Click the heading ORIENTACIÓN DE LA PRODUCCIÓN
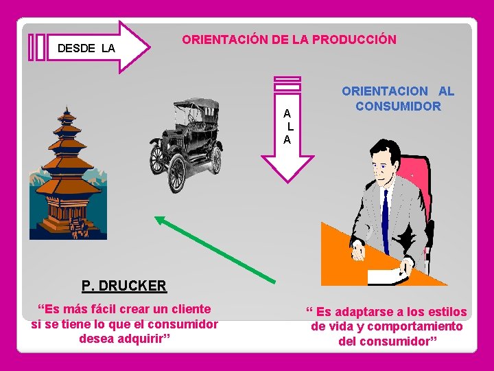pyautogui.click(x=289, y=40)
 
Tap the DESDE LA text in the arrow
pyautogui.click(x=86, y=49)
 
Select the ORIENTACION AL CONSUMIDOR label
pyautogui.click(x=398, y=98)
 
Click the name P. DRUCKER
pyautogui.click(x=123, y=285)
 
